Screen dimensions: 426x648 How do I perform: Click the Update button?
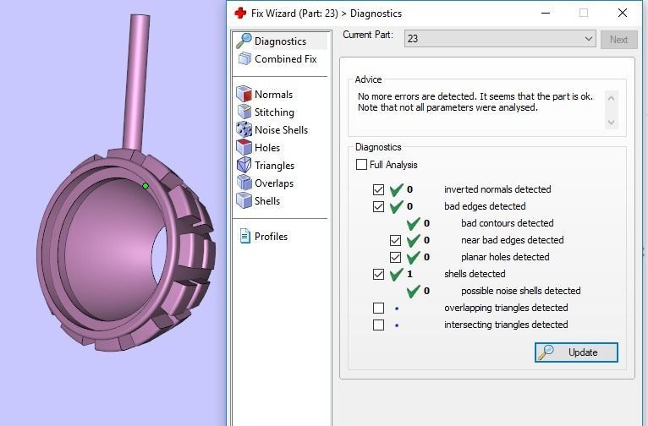click(x=576, y=352)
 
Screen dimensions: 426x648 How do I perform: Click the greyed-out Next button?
click(x=618, y=39)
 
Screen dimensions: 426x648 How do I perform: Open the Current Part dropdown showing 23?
click(x=501, y=39)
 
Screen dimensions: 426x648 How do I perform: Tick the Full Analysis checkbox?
click(x=362, y=165)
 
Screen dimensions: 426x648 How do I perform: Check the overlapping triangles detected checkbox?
click(x=378, y=308)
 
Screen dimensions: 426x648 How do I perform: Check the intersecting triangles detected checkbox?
click(x=378, y=325)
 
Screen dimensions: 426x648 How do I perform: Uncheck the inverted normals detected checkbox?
click(x=378, y=189)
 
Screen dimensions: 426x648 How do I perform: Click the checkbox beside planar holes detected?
click(x=395, y=257)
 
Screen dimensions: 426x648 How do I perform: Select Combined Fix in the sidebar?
click(x=285, y=59)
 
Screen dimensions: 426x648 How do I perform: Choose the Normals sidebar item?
click(x=273, y=95)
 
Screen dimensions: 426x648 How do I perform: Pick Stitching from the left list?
click(x=274, y=112)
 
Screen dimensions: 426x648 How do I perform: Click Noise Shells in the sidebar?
click(x=281, y=130)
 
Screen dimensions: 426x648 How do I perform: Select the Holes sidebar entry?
click(x=267, y=148)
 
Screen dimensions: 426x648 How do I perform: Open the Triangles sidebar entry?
click(x=274, y=166)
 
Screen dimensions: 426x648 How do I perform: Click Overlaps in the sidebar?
click(x=274, y=183)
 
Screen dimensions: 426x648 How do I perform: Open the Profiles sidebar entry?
click(x=271, y=237)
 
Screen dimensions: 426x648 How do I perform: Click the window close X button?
click(x=623, y=13)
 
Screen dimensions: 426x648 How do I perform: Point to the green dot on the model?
click(x=146, y=186)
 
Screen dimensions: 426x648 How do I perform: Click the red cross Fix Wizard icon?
click(x=240, y=13)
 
